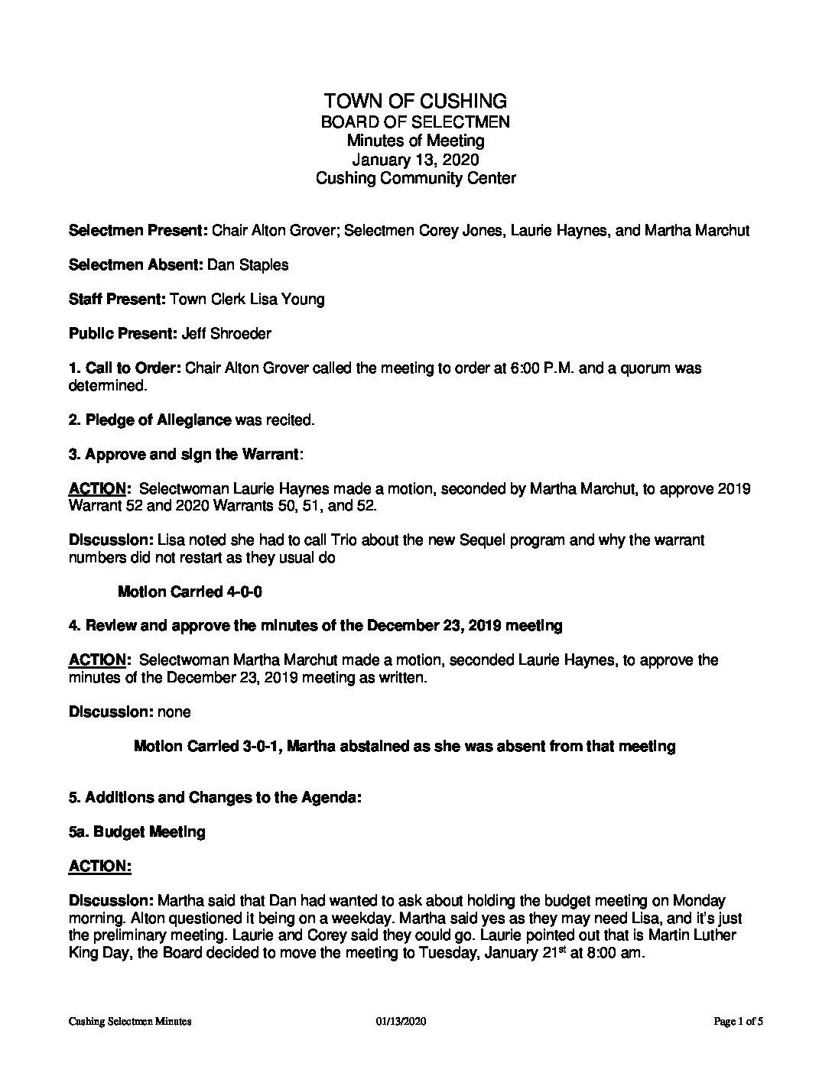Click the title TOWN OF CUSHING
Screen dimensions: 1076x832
pyautogui.click(x=415, y=101)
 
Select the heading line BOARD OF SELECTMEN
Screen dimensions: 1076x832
pyautogui.click(x=415, y=122)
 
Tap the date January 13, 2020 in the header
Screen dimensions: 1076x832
pyautogui.click(x=415, y=160)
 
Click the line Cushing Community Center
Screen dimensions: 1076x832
pyautogui.click(x=415, y=179)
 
